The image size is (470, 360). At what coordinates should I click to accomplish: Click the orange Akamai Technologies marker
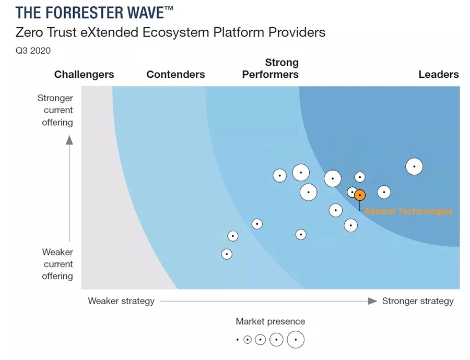(360, 195)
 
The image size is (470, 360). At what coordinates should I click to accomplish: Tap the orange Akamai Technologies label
(409, 211)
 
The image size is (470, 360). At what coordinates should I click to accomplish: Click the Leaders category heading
(438, 75)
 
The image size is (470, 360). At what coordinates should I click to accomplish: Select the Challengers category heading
(84, 75)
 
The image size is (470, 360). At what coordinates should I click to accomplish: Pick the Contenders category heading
(175, 75)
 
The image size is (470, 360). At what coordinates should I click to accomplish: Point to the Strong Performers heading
(271, 68)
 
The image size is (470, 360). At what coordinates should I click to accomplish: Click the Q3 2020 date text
(33, 51)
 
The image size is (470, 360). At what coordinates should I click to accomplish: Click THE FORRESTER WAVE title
(94, 13)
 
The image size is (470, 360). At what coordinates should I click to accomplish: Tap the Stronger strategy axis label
(418, 301)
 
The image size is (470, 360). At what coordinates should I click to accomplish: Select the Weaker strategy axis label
(121, 301)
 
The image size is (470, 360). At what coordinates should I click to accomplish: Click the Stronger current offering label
(55, 110)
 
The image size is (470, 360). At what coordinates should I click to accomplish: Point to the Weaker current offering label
(57, 264)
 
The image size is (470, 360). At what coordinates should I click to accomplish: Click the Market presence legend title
(270, 321)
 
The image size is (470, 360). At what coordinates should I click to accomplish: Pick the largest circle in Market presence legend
(296, 340)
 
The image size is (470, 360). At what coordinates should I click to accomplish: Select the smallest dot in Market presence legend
(237, 340)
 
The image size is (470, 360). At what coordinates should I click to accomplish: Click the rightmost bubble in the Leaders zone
(414, 166)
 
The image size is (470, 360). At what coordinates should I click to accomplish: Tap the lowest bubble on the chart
(227, 254)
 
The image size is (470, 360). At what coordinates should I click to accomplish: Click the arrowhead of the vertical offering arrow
(69, 139)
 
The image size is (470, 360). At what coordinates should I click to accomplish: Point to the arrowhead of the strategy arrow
(372, 301)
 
